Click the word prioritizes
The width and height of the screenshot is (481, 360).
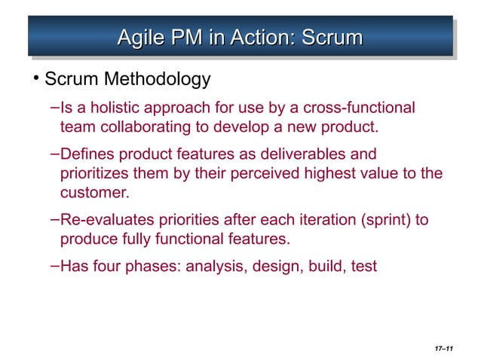click(94, 174)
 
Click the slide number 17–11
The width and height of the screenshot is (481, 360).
click(443, 348)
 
